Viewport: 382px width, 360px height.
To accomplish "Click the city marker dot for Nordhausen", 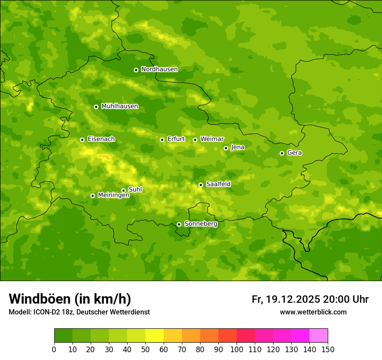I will tap(136, 70).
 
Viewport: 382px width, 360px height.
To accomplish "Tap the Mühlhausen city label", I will tap(119, 106).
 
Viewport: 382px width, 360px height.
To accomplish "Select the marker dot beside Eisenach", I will tap(82, 140).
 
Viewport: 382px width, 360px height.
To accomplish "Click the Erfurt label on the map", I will tap(176, 139).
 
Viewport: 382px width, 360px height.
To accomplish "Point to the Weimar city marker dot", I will tap(195, 140).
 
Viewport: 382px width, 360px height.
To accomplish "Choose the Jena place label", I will tap(237, 147).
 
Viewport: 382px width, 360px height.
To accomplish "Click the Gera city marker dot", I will tap(282, 153).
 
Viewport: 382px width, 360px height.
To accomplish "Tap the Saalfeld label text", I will tap(218, 184).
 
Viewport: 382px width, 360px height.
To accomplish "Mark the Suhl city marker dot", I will tap(123, 190).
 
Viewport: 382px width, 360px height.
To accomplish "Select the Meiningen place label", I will tap(113, 195).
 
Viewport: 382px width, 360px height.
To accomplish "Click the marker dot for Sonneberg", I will tap(179, 224).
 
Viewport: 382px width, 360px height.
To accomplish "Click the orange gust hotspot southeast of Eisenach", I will tap(104, 157).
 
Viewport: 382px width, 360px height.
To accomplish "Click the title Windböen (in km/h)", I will tap(70, 299).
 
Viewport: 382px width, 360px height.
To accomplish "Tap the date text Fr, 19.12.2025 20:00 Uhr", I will tap(310, 300).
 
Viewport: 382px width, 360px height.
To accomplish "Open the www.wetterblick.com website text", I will tap(313, 312).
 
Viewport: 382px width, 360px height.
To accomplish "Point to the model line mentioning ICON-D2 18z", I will tap(79, 312).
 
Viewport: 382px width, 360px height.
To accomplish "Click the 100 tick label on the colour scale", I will tap(237, 350).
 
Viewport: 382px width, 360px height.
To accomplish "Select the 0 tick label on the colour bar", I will tap(54, 350).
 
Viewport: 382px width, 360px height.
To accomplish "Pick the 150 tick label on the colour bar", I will tap(328, 350).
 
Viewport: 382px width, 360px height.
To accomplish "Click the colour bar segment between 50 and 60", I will tap(155, 336).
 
